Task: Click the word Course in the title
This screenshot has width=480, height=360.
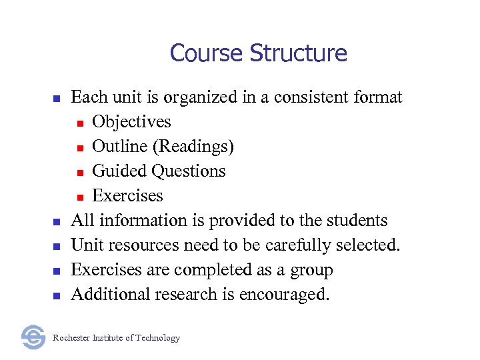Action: tap(201, 53)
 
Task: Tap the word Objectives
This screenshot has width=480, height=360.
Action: tap(131, 122)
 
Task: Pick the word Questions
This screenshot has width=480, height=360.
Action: tap(189, 171)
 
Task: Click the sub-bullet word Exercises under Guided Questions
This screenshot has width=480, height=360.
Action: tap(127, 196)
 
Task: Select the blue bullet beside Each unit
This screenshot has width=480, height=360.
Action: tap(57, 99)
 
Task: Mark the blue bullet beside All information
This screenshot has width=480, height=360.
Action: tap(57, 221)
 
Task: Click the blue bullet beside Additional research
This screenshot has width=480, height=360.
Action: tap(57, 295)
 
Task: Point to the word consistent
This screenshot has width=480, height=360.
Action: tap(312, 97)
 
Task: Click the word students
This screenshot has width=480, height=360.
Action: tap(357, 221)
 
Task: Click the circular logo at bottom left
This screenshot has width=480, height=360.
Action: tap(33, 337)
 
